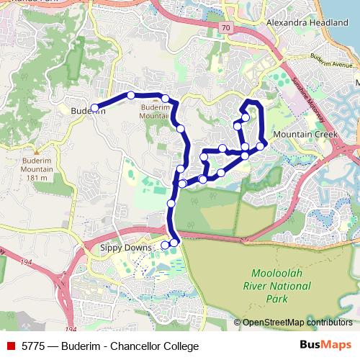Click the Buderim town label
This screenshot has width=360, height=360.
(x=89, y=111)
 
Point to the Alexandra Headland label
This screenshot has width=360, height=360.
(x=307, y=23)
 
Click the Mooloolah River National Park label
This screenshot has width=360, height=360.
(x=282, y=286)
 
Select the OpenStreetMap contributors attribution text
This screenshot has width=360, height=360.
(x=297, y=322)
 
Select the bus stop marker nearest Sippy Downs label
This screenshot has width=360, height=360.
(x=165, y=245)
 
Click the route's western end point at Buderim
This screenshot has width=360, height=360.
(x=94, y=109)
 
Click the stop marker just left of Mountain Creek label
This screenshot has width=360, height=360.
(x=260, y=144)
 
